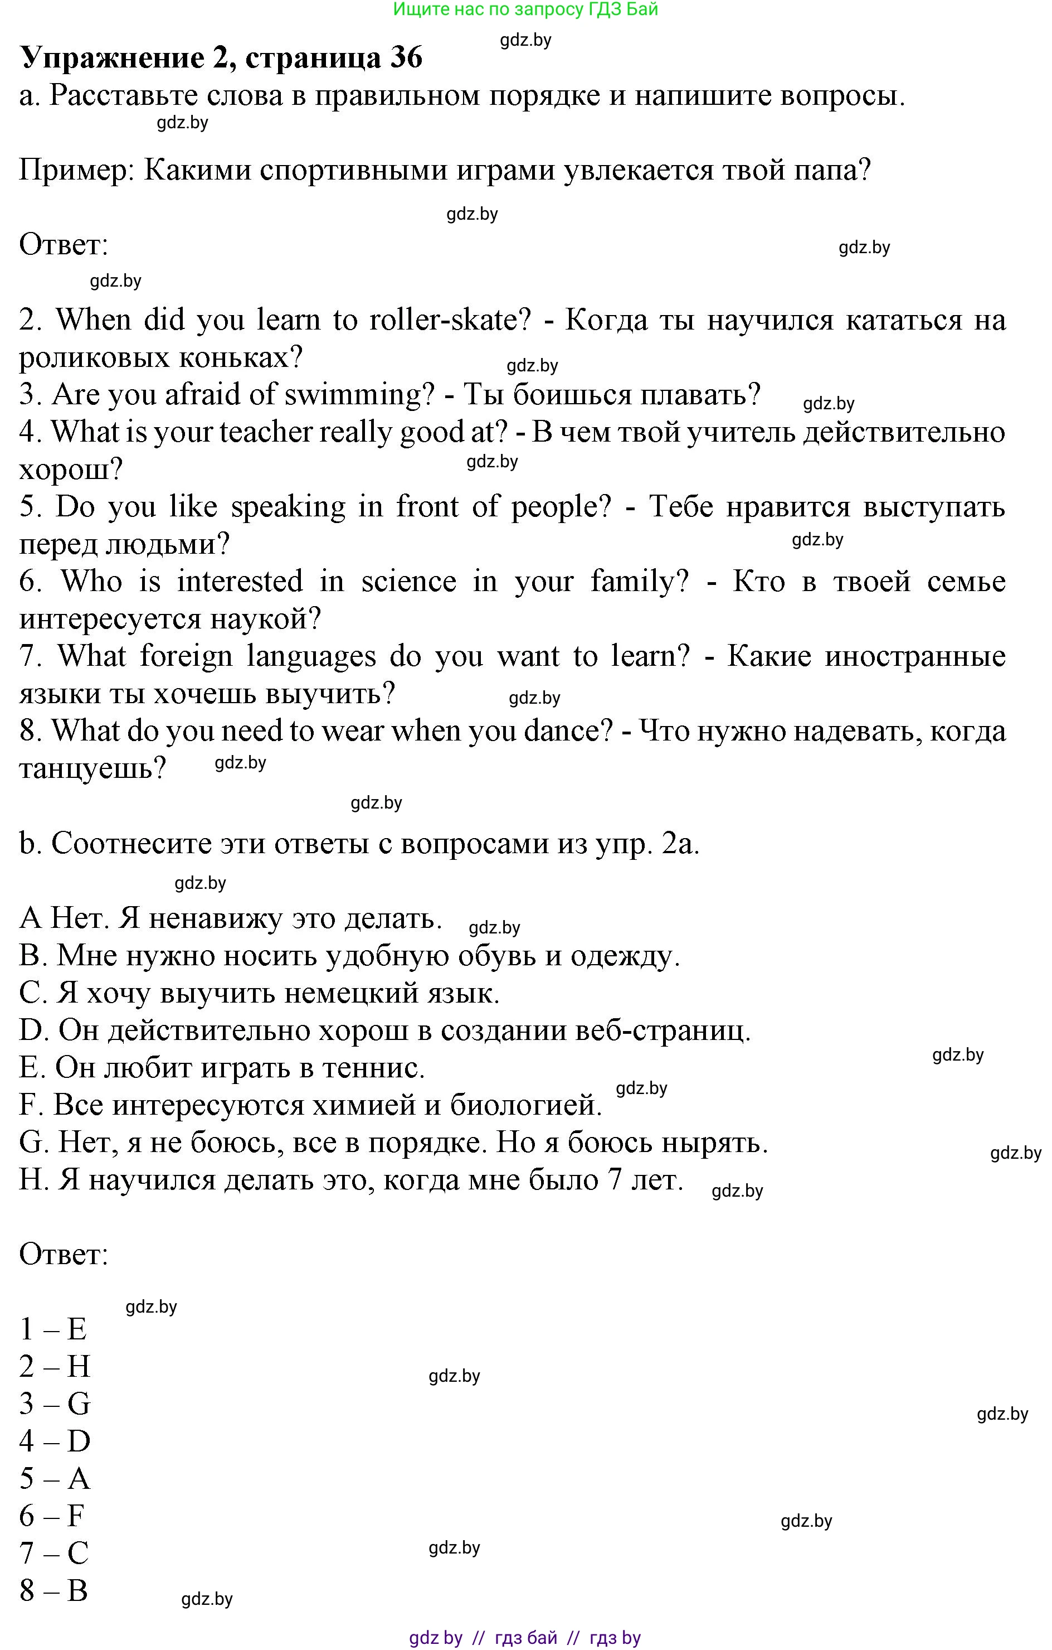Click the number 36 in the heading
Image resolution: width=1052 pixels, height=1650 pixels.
(x=406, y=57)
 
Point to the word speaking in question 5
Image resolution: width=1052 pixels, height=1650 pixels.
(x=288, y=507)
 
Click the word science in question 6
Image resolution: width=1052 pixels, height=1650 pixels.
(x=408, y=582)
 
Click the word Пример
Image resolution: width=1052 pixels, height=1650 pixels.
(x=77, y=170)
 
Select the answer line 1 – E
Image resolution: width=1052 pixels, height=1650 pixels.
(x=53, y=1329)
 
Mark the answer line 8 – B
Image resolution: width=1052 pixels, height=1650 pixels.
(x=53, y=1590)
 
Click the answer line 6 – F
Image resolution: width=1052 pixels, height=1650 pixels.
(x=52, y=1516)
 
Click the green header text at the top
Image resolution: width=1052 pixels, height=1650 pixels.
(x=525, y=9)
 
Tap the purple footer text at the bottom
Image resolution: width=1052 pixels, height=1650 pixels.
(x=525, y=1638)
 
